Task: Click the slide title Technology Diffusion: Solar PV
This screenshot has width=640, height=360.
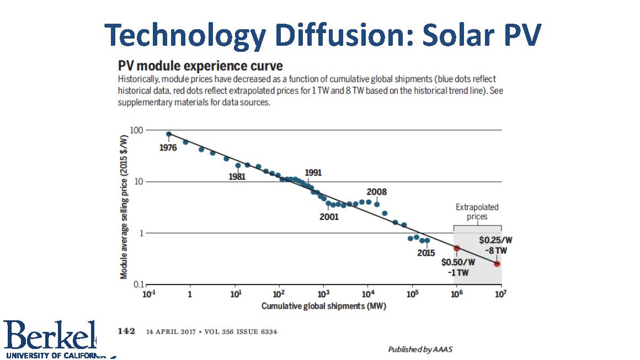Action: point(322,35)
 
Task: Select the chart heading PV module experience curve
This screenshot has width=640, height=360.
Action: point(200,66)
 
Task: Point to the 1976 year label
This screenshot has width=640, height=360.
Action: point(168,148)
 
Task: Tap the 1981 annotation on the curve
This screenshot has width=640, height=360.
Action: point(237,176)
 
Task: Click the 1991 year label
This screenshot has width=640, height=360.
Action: point(313,173)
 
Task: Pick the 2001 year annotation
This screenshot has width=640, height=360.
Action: point(329,217)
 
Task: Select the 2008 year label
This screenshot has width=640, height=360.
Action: point(376,192)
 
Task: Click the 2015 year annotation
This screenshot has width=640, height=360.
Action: point(426,253)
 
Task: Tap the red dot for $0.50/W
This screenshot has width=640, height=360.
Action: point(457,248)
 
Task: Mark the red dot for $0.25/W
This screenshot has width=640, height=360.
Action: point(497,264)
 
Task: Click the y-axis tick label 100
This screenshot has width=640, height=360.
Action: point(136,130)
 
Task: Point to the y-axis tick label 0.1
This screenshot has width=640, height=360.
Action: point(138,284)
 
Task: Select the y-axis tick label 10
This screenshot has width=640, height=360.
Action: point(139,181)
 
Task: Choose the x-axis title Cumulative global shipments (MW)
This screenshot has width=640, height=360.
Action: point(324,306)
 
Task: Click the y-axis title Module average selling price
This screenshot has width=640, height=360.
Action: point(124,207)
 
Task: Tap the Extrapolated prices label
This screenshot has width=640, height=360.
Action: point(477,212)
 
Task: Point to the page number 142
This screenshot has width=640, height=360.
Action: point(126,331)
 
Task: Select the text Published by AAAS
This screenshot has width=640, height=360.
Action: point(420,349)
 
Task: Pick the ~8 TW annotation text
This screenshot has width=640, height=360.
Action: point(495,250)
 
